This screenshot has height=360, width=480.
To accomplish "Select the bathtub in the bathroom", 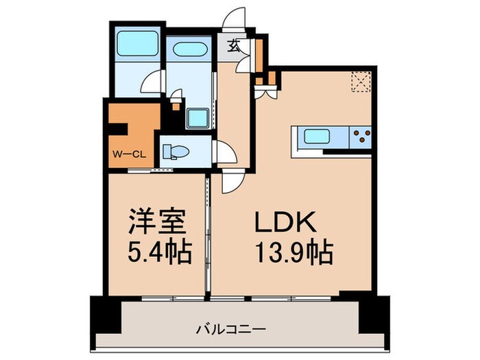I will click(136, 45).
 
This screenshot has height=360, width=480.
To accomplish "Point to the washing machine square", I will click(200, 118).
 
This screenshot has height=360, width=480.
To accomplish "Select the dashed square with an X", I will click(361, 82).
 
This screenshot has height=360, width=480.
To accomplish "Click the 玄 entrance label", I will click(235, 46).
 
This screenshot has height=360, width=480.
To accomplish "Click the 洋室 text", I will click(155, 225).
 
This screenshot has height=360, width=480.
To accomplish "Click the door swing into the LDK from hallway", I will click(232, 182).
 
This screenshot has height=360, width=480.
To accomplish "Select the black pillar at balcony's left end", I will click(101, 315).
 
